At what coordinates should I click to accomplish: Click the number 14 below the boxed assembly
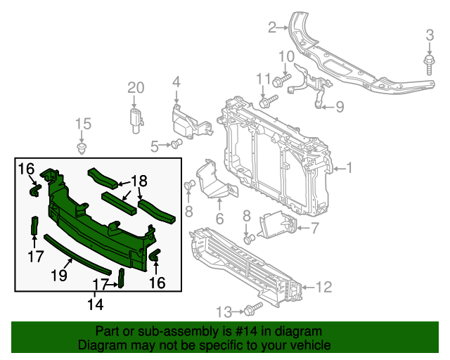[95, 304]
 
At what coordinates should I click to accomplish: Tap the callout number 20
[135, 88]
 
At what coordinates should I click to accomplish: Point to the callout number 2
[272, 28]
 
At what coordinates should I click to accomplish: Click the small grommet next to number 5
[176, 145]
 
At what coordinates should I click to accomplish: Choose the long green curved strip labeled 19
[77, 252]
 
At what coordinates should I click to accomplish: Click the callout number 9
[339, 107]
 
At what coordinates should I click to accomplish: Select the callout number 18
[139, 181]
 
